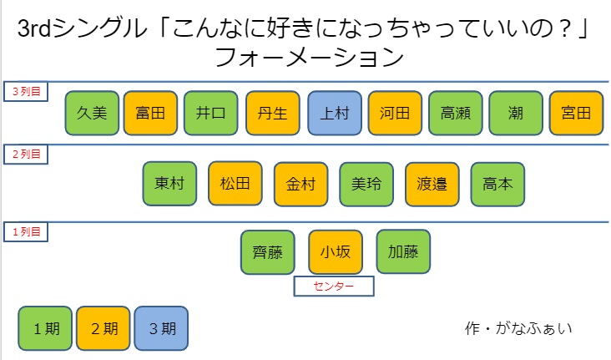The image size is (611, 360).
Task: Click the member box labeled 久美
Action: pos(92,113)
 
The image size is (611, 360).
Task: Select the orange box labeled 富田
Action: pos(150,113)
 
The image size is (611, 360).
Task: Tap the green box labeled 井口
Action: pos(211,113)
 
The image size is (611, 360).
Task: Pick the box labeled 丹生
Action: pos(273,113)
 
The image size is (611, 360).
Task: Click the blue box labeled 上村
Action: pos(334,113)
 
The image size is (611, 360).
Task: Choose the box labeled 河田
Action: pos(395,113)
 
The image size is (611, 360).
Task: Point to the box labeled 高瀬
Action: pos(456,113)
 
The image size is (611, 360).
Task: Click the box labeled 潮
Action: pos(516,113)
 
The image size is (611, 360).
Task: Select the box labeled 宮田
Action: pos(577,113)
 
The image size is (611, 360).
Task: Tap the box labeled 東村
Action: pos(169,184)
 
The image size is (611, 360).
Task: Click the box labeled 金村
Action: pos(300,184)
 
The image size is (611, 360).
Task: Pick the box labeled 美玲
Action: pos(366,184)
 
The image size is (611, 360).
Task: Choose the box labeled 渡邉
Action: pos(432,184)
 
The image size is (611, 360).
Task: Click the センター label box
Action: pos(333,286)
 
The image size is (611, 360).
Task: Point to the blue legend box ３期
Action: pos(161,327)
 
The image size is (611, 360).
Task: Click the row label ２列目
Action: pos(27,154)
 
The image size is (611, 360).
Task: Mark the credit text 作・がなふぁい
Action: pos(518,327)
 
